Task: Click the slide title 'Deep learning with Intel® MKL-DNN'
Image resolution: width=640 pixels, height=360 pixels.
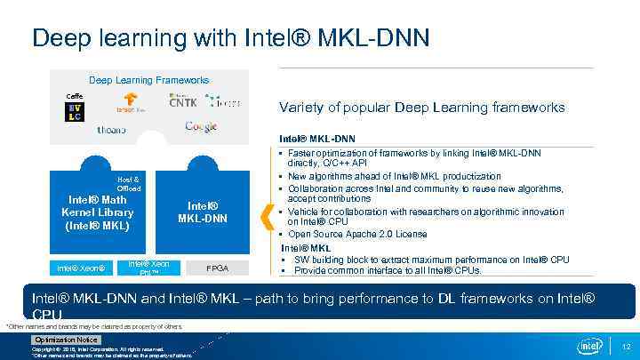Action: click(x=231, y=37)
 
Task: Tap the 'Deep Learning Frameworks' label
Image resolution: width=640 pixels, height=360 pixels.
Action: click(x=148, y=80)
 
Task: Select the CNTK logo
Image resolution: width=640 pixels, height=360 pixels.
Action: click(x=183, y=102)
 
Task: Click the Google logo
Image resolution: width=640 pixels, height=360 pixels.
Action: click(x=201, y=127)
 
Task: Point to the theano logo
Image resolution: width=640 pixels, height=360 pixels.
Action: click(x=111, y=129)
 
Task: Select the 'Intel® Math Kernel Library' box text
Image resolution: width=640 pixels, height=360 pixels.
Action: click(x=97, y=212)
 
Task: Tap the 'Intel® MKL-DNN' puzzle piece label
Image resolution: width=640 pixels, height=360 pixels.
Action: click(x=203, y=212)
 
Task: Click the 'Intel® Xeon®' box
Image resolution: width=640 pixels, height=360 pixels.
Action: click(x=81, y=268)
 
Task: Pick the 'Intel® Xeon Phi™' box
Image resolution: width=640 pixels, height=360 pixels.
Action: click(x=149, y=267)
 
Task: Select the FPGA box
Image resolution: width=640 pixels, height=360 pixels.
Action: click(x=218, y=268)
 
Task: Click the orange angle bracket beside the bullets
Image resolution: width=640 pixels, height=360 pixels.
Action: click(x=265, y=213)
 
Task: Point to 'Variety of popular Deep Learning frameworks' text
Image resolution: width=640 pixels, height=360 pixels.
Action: click(x=421, y=108)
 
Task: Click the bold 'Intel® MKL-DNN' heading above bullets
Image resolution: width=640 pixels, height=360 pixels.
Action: click(x=317, y=139)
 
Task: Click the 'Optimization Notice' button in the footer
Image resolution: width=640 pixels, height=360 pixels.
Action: click(x=66, y=340)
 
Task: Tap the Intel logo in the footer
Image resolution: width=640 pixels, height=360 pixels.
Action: click(x=590, y=345)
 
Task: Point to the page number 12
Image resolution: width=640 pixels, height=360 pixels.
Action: click(x=625, y=346)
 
